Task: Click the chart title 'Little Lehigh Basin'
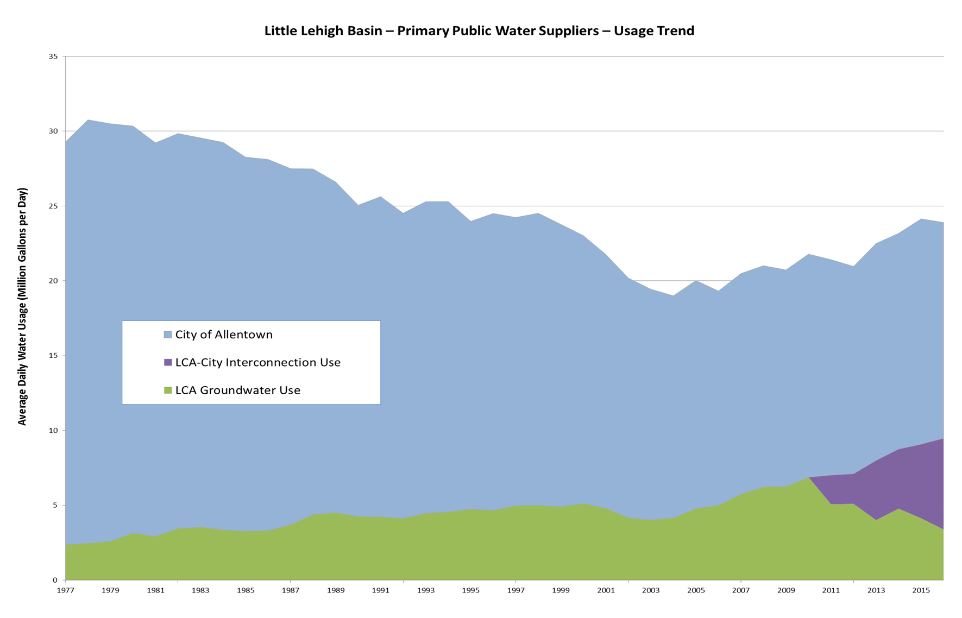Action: [x=479, y=31]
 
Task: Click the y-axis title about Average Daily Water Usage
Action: [x=22, y=306]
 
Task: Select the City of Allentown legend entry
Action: [x=224, y=335]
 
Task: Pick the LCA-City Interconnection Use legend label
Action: [x=257, y=362]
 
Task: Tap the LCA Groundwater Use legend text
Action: [x=237, y=390]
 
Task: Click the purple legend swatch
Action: [x=168, y=362]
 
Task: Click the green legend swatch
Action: [x=168, y=390]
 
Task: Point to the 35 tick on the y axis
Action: [x=53, y=56]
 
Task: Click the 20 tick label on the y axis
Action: [x=53, y=281]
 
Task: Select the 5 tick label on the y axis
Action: [x=55, y=506]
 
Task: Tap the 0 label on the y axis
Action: [x=55, y=580]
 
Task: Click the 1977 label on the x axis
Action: [x=65, y=590]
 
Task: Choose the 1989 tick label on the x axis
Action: [x=336, y=590]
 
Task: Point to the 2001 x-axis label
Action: [x=606, y=590]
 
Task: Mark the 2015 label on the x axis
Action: [x=921, y=590]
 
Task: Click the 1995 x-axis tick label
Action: [x=470, y=590]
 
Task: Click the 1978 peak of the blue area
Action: [x=88, y=120]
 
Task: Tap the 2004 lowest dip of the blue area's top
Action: [x=674, y=295]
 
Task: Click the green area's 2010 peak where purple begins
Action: [x=809, y=477]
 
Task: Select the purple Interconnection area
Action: [x=913, y=478]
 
